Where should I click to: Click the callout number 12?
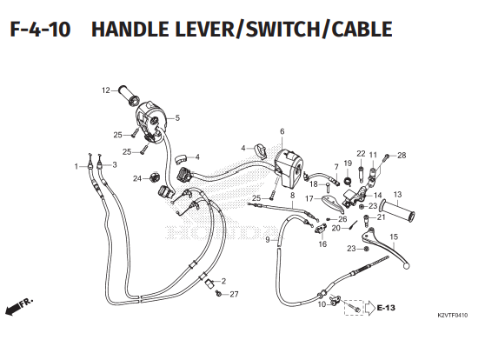(x=105, y=90)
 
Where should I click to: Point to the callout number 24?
(x=136, y=178)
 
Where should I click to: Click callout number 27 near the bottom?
(x=234, y=295)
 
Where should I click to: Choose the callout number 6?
(x=282, y=132)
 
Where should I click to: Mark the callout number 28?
(x=402, y=156)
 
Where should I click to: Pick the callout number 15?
(x=393, y=237)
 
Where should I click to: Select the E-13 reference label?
(x=386, y=308)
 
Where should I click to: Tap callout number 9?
(x=267, y=239)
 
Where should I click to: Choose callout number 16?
(x=322, y=244)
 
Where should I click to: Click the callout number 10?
(x=321, y=304)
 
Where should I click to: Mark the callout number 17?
(x=308, y=198)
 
